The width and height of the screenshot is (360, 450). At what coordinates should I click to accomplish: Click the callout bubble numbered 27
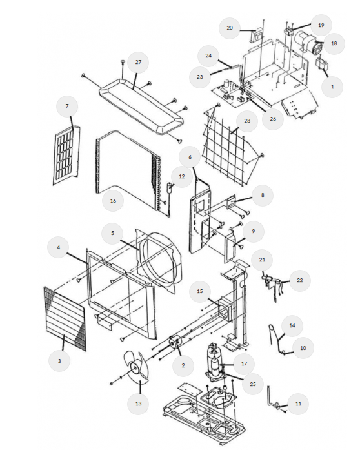click(x=138, y=62)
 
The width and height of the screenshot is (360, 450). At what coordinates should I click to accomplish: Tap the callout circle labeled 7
click(x=67, y=106)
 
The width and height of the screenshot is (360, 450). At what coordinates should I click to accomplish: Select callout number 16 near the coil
click(x=113, y=201)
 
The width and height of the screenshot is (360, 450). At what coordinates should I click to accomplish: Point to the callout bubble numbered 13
click(x=138, y=404)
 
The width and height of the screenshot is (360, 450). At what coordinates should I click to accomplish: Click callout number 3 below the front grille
click(x=59, y=361)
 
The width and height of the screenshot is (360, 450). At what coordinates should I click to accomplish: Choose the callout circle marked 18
click(x=334, y=43)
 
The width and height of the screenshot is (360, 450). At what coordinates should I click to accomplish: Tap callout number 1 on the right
click(x=332, y=87)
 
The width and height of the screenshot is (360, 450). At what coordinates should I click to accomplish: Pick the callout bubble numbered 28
click(x=247, y=121)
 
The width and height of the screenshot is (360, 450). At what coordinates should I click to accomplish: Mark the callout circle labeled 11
click(x=298, y=404)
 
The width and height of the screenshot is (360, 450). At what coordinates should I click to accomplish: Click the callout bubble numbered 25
click(x=253, y=384)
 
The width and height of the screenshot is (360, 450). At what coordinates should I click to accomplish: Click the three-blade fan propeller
click(x=135, y=367)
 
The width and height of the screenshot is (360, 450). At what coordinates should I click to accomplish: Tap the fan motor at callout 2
click(x=174, y=342)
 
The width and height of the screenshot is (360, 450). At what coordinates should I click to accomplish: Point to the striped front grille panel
click(x=65, y=318)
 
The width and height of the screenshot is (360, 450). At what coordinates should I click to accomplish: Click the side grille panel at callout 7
click(x=66, y=155)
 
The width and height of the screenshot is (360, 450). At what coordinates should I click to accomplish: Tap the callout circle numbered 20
click(x=230, y=28)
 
